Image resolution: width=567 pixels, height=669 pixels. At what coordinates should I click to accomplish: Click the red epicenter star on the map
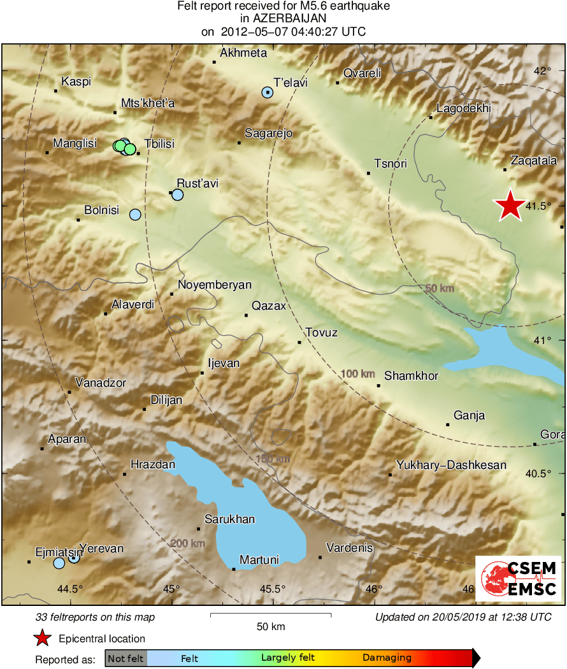510,206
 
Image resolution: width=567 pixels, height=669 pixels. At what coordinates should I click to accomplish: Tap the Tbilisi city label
159,144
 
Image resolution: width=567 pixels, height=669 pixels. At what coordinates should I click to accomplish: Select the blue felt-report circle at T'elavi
268,92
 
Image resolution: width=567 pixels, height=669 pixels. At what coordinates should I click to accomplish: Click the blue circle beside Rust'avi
178,194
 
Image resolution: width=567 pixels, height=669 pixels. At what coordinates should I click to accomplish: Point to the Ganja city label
469,415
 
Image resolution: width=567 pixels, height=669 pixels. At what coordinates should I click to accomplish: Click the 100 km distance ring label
358,374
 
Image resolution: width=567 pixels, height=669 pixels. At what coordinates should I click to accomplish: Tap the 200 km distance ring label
187,543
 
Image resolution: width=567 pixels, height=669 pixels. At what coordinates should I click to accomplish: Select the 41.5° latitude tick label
538,206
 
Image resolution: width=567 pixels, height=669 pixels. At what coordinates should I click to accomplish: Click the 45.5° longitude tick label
272,589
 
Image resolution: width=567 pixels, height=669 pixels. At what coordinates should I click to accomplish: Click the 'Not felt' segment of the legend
126,658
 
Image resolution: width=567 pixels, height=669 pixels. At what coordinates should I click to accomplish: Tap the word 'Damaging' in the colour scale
387,658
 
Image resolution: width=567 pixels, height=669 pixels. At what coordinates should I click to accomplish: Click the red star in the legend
42,638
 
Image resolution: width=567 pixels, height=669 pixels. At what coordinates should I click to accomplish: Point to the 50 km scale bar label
270,627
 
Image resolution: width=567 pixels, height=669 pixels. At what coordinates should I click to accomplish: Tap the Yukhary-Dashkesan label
451,465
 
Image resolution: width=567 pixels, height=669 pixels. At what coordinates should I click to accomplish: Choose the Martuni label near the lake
259,560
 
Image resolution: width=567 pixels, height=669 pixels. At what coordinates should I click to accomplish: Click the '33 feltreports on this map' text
95,617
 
